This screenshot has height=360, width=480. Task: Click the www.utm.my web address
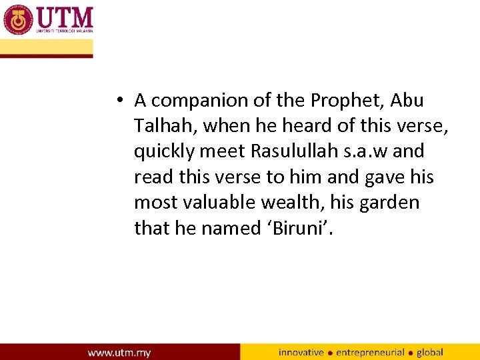(119, 352)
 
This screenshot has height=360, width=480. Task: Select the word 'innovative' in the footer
(301, 352)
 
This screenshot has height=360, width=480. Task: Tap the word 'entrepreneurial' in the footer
(371, 352)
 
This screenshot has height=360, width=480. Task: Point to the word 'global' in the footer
(430, 352)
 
